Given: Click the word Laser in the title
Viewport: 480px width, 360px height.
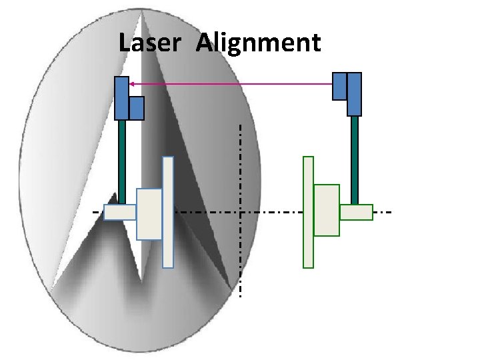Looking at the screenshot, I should (149, 43).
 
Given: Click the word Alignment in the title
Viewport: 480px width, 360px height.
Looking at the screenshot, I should (259, 43).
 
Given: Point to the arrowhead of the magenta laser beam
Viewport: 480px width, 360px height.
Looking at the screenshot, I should (131, 84).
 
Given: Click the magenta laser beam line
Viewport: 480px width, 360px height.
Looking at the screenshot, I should (233, 84).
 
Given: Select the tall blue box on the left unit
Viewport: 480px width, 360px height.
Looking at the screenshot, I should (121, 98).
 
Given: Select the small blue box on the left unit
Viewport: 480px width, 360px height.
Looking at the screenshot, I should (137, 108).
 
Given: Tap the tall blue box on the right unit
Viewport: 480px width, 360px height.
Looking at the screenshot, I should (354, 94).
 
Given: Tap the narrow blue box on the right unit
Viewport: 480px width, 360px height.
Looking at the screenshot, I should (339, 86).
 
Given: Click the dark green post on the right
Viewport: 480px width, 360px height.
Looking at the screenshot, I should (355, 160).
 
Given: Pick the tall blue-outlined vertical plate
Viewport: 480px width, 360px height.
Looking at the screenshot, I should (168, 212).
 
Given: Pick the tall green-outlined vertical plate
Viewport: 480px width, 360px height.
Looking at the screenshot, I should (308, 212).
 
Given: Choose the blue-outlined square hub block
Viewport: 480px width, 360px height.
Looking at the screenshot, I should (149, 214).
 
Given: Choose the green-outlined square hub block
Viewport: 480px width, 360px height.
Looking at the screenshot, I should (327, 210).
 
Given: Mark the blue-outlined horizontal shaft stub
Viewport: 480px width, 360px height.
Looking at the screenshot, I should (120, 212).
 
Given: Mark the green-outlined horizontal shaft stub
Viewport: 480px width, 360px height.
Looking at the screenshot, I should (356, 212).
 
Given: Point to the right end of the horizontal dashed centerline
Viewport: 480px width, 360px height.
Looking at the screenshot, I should (391, 212).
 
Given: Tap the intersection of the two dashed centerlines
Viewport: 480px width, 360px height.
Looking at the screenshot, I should (240, 212).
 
